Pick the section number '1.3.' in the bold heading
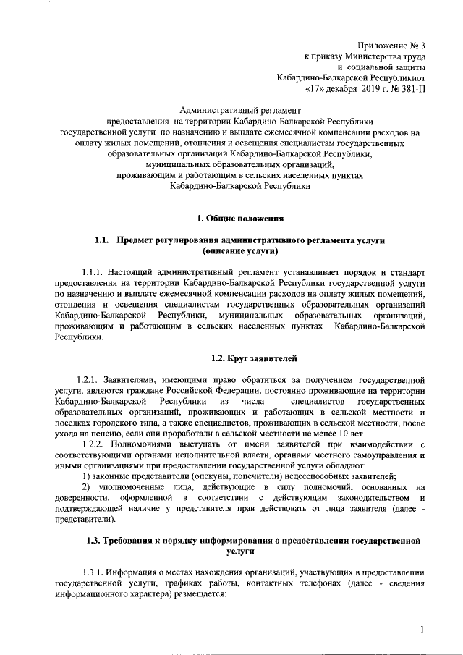coord(94,541)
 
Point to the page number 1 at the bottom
coord(422,630)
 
